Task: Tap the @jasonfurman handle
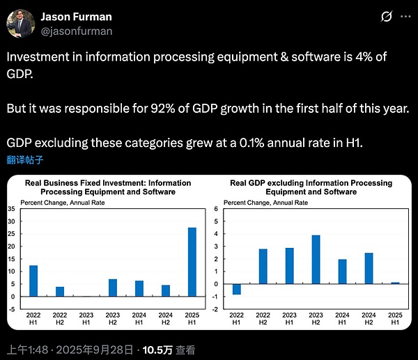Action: point(76,31)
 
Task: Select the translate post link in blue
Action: point(25,159)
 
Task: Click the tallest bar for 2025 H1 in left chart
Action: point(192,262)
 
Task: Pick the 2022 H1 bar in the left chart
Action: point(33,281)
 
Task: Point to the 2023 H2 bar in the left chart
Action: point(113,288)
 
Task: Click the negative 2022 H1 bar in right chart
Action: point(237,289)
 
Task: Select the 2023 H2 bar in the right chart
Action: point(316,259)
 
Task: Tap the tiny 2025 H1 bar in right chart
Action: point(395,283)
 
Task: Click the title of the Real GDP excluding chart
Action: point(311,187)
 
